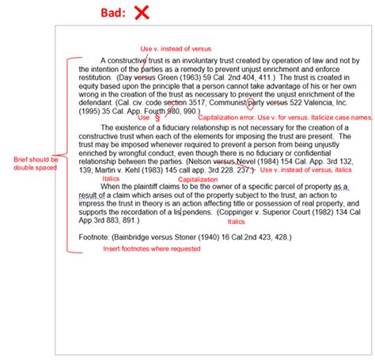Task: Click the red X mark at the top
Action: point(142,12)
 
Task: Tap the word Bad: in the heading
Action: point(113,13)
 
